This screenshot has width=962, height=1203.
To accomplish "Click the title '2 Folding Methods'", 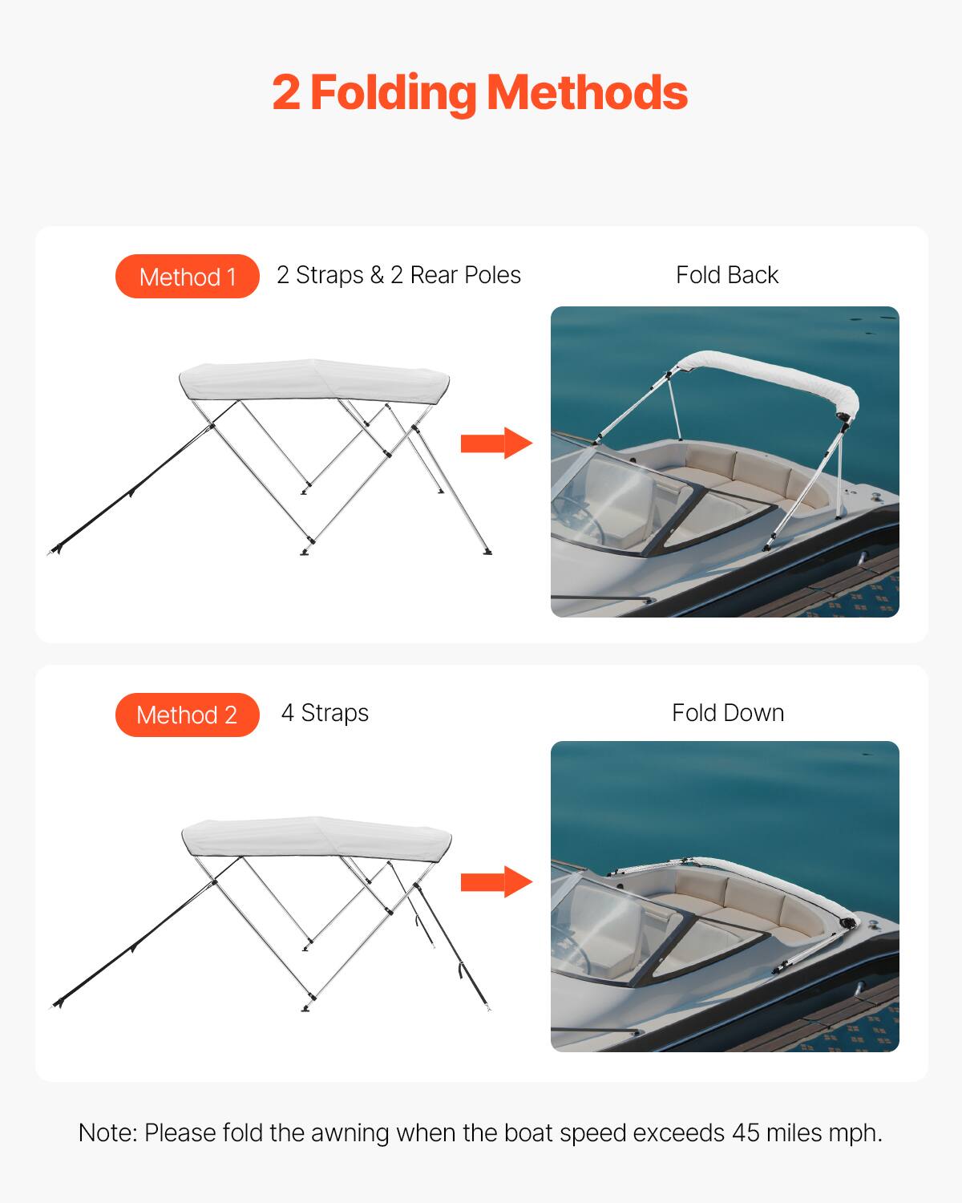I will tap(479, 93).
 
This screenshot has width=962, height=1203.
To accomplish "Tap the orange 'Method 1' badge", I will tap(188, 277).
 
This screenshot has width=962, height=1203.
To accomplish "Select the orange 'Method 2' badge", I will tap(188, 715).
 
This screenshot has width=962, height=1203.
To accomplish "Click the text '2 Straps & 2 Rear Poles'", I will tap(398, 275).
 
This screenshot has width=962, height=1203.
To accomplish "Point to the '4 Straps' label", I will tap(325, 713).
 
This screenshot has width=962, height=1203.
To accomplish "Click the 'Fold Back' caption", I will tap(726, 275).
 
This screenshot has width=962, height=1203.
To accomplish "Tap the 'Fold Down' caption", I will tap(727, 713).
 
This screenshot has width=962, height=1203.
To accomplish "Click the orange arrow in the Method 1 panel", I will tap(495, 443).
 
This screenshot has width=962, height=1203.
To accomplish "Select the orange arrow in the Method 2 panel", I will tap(495, 881).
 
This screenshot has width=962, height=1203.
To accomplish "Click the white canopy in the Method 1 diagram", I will tap(314, 379).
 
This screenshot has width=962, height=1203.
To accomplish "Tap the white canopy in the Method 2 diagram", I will tap(317, 838).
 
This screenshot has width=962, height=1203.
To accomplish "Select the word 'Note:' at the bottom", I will tap(108, 1133).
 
